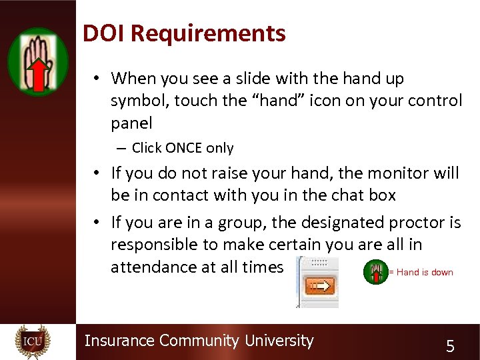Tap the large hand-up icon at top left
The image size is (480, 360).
pos(38,62)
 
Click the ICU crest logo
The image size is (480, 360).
pos(32,341)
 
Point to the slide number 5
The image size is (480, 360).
pos(450,346)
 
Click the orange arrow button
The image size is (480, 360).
pos(321,287)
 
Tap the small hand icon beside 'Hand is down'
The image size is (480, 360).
pos(375,272)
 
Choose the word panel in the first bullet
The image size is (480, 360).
pos(131,123)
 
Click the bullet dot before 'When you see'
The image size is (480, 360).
pos(97,79)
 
